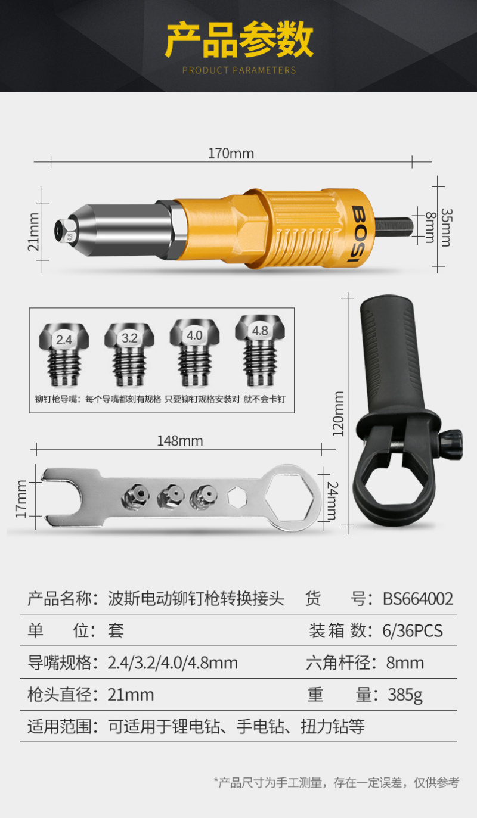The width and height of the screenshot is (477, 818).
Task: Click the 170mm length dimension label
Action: click(231, 153)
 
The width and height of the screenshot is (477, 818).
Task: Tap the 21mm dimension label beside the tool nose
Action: click(33, 232)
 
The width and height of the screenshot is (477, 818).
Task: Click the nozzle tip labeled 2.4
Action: click(64, 354)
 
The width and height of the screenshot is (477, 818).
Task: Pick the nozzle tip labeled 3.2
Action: click(129, 354)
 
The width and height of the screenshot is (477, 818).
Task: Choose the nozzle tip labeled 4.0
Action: click(194, 353)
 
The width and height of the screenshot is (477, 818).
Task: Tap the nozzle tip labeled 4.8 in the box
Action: click(260, 350)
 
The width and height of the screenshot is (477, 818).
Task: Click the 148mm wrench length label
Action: click(180, 441)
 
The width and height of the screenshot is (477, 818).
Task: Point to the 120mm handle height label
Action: click(338, 413)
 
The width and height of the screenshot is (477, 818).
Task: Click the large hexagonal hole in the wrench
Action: click(290, 498)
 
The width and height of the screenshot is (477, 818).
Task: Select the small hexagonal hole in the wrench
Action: click(237, 497)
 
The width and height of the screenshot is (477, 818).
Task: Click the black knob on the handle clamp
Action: click(451, 444)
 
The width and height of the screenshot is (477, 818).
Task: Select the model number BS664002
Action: click(418, 599)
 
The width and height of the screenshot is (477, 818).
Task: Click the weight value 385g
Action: click(405, 695)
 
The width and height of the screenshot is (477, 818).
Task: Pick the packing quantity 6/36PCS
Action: click(412, 631)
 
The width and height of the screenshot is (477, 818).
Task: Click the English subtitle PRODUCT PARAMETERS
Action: click(239, 70)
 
